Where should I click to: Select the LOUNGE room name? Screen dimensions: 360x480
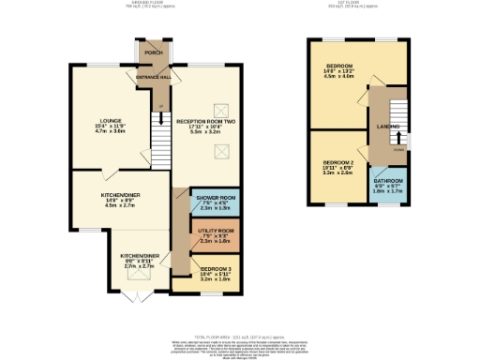pos(114,121)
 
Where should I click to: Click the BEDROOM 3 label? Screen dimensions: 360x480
pos(214,269)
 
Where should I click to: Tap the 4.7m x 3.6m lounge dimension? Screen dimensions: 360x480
pos(114,132)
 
